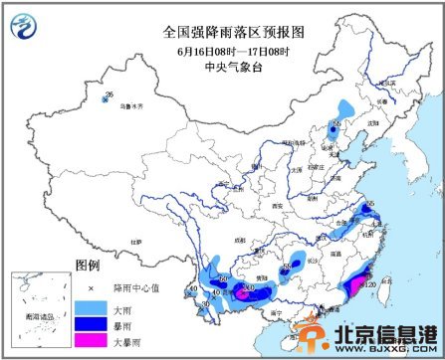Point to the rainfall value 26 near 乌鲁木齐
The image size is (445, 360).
109,95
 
